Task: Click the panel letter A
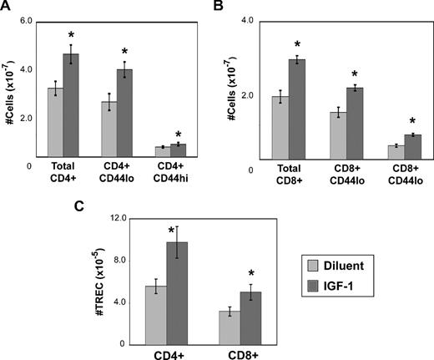pos(8,8)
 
